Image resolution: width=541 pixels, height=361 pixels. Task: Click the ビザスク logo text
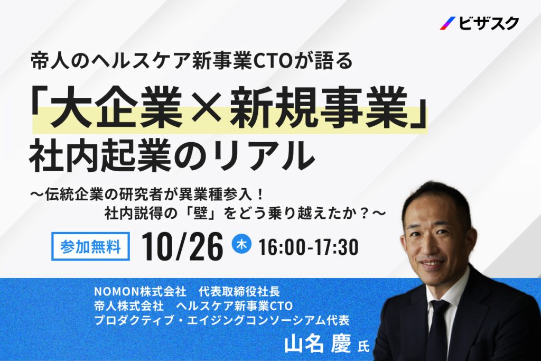489,23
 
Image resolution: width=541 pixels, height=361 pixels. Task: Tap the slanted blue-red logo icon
447,23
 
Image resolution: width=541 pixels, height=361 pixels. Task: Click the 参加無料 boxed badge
90,246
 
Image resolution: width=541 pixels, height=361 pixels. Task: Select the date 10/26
182,246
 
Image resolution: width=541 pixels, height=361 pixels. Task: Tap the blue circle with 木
241,244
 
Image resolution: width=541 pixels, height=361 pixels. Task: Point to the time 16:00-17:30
309,247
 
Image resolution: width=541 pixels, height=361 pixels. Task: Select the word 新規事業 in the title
319,107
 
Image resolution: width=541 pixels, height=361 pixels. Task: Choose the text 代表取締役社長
239,292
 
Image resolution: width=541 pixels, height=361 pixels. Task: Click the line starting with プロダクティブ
222,320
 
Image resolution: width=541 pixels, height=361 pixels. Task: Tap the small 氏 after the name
363,346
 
